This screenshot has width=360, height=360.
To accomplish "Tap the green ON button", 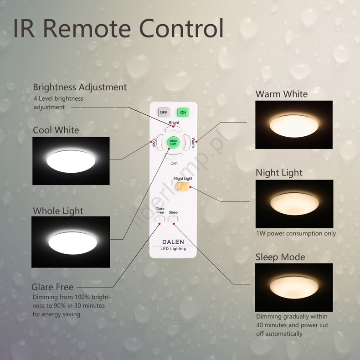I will pos(183,112).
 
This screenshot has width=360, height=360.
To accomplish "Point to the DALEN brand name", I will pos(173,242).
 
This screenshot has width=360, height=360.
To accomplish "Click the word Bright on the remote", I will pos(174,123).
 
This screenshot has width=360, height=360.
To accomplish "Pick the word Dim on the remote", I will pos(174,163).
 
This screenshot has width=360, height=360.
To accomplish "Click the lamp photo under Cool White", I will pos(71,160).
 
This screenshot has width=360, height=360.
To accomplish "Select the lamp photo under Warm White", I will pos(294,124).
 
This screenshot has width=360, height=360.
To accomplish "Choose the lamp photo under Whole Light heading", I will pos(71,242).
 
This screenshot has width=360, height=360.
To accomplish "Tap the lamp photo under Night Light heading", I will pos(294,203).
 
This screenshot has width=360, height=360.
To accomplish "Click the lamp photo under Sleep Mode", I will pos(294,287).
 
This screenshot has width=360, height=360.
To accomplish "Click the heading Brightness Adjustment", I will pos(80,87).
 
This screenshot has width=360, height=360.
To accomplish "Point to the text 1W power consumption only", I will pos(296,233).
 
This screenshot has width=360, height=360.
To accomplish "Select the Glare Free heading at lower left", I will pos(52,287).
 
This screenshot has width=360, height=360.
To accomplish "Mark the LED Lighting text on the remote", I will pos(173,249).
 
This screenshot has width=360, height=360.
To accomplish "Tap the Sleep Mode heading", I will pos(280,257).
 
